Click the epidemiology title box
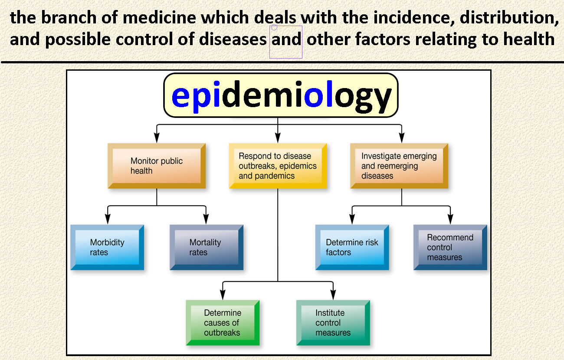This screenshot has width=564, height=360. (281, 95)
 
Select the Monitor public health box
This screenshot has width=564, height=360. (157, 166)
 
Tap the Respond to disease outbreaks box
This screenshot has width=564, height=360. (278, 166)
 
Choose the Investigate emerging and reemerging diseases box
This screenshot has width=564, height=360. (399, 166)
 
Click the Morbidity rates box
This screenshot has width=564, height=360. (107, 248)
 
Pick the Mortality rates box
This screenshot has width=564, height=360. (207, 248)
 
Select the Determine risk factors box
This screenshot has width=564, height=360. (352, 248)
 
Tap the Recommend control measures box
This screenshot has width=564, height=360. (450, 248)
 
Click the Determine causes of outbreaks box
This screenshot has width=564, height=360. (223, 323)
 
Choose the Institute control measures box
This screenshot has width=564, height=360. (333, 323)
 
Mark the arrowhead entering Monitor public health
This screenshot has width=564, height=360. (157, 138)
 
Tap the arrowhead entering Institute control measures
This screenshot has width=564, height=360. (333, 295)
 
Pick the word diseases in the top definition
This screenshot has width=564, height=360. (233, 39)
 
